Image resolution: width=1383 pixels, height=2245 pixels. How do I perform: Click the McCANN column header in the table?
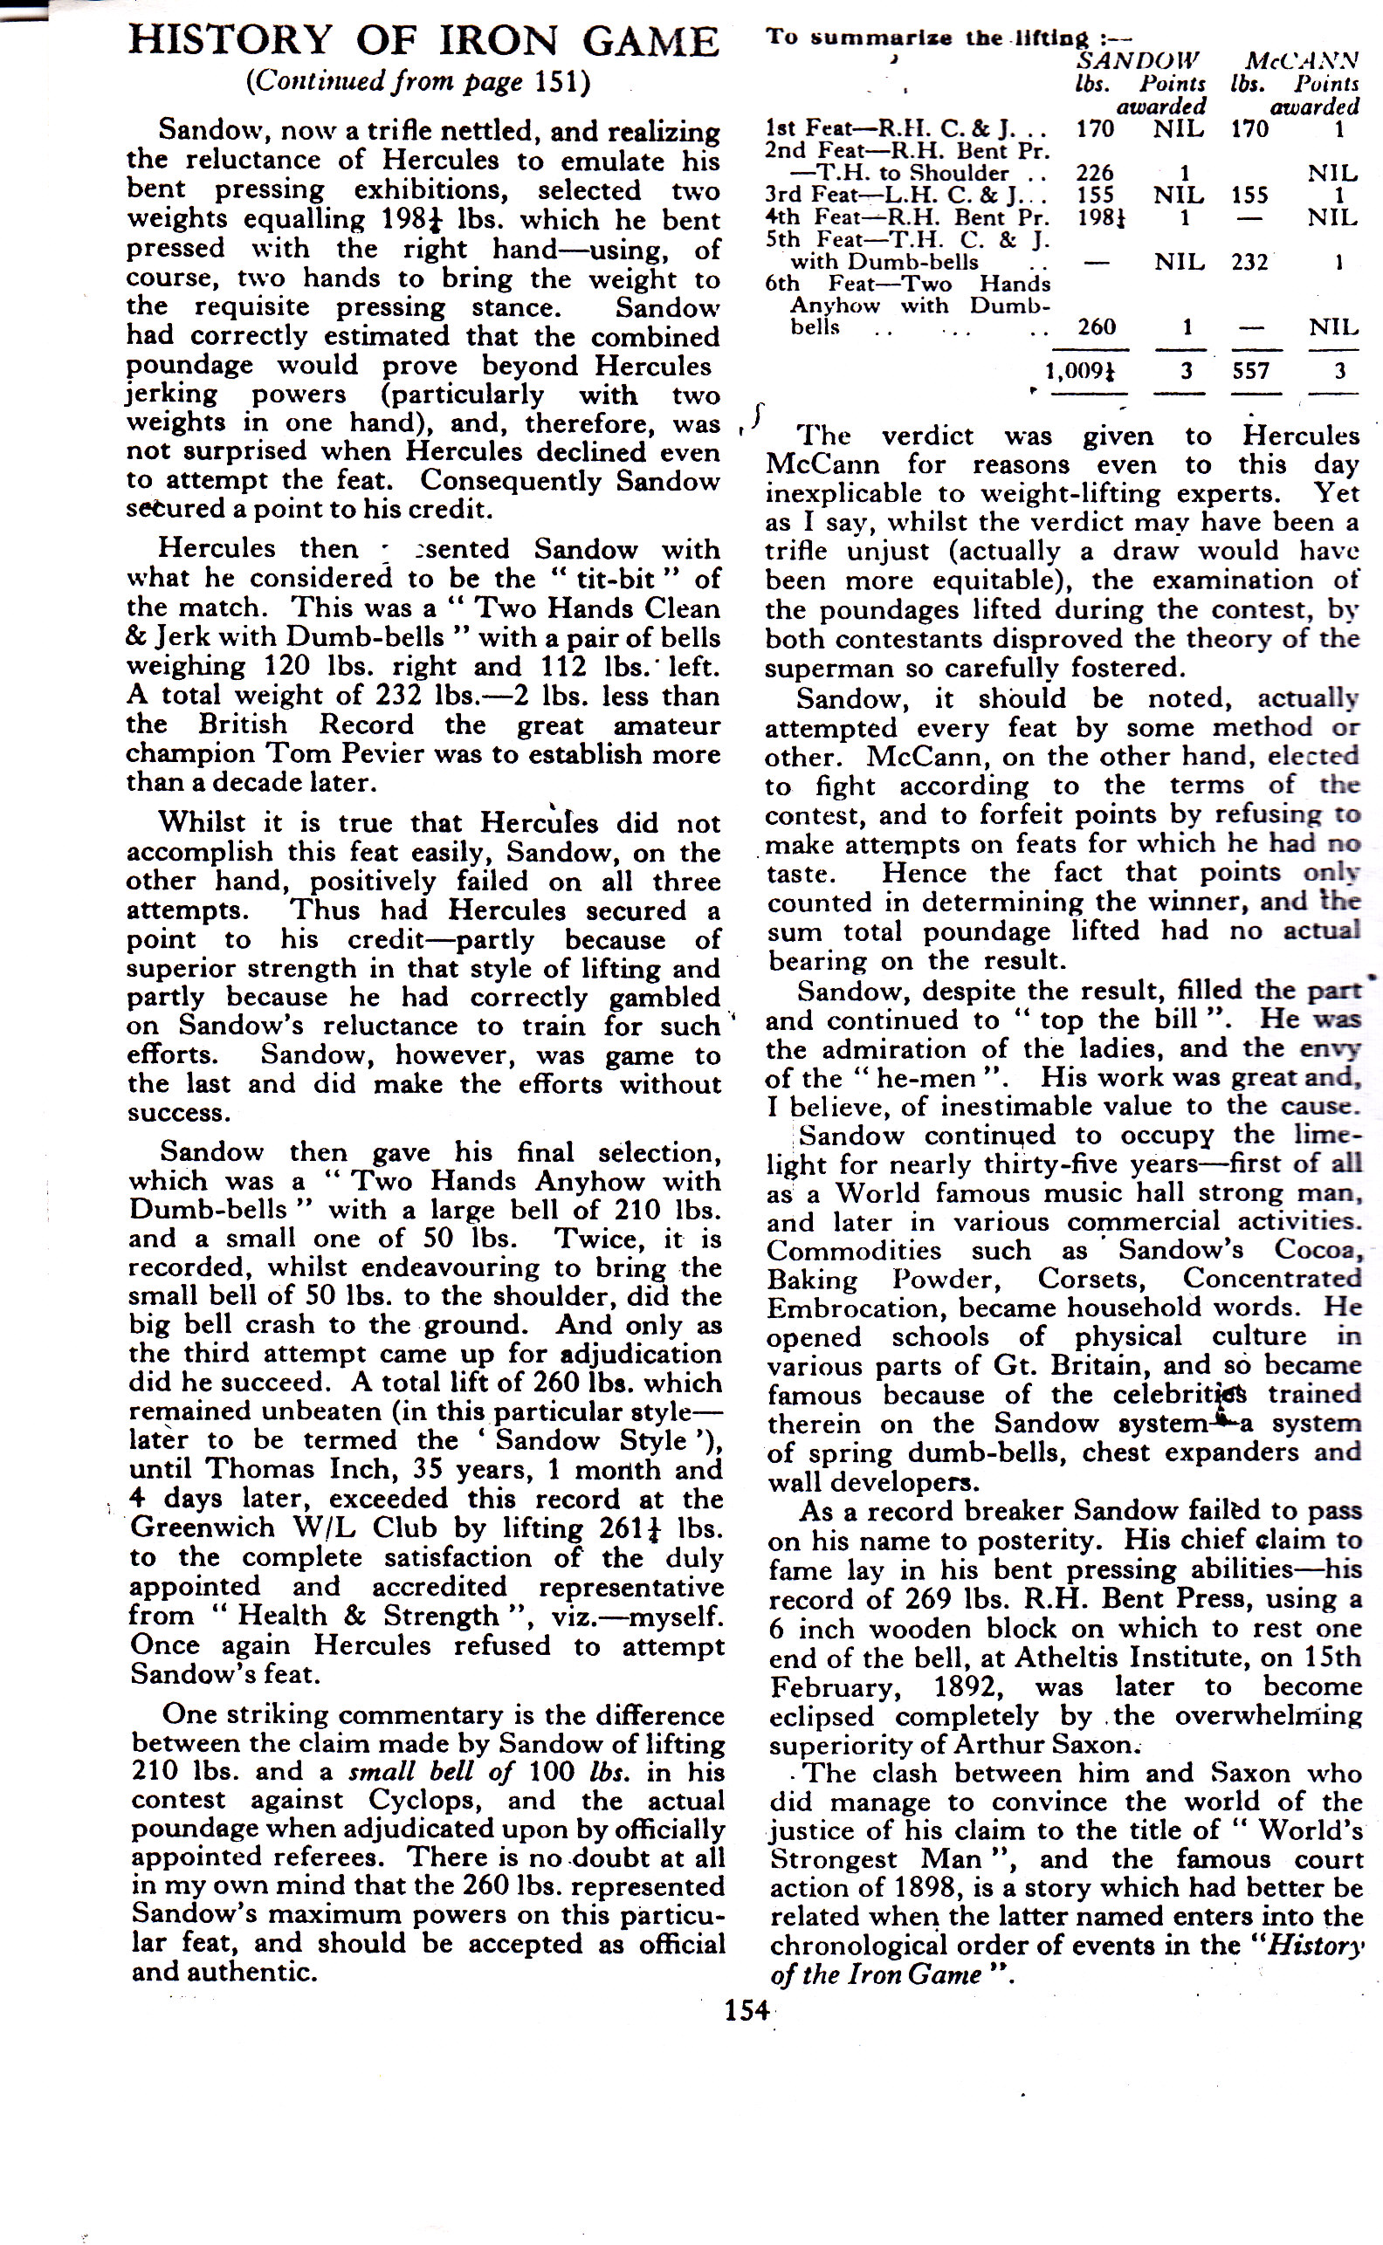(1302, 61)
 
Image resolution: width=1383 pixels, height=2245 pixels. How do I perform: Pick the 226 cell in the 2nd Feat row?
(1094, 173)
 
